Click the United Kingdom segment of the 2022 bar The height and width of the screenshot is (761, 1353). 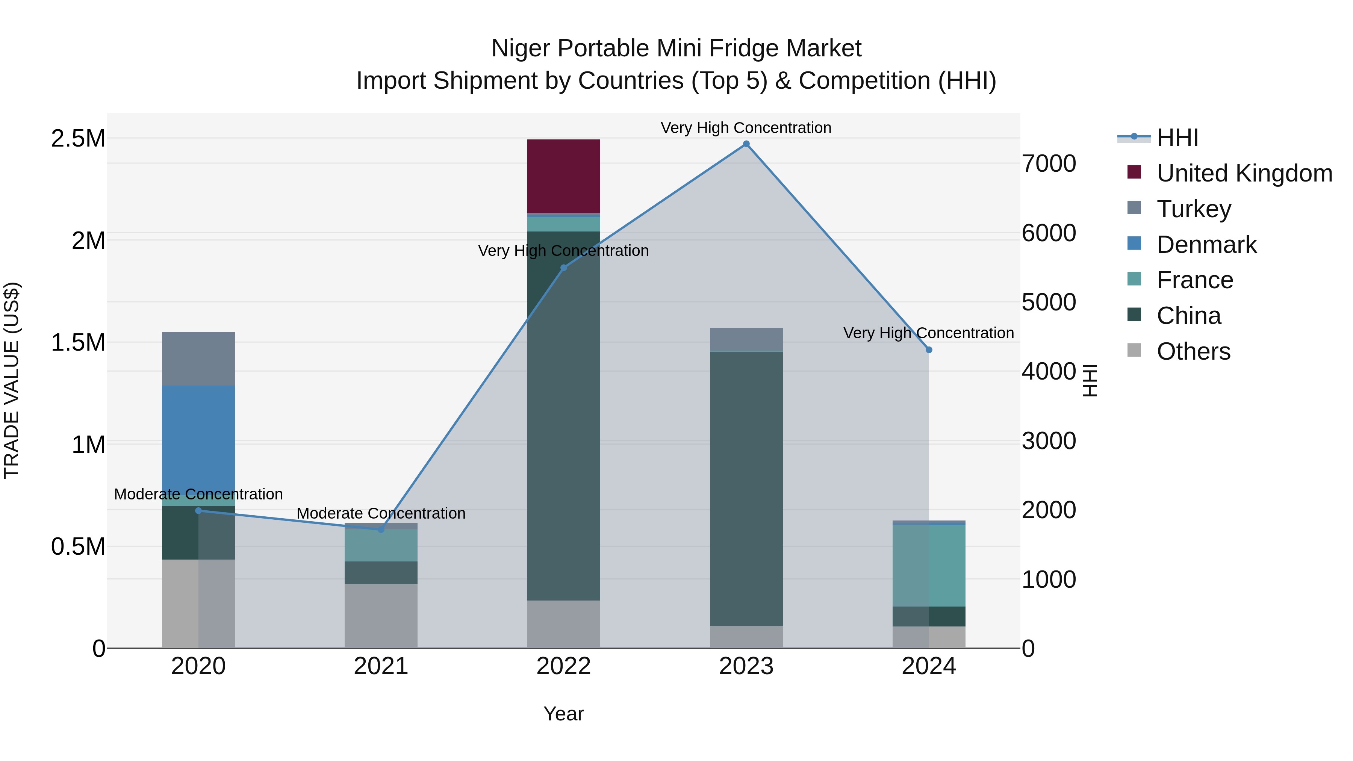pyautogui.click(x=564, y=176)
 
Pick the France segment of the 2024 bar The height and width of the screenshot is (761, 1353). pyautogui.click(x=929, y=565)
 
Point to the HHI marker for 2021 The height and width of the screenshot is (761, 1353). pyautogui.click(x=381, y=530)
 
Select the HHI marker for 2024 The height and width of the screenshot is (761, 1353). pyautogui.click(x=929, y=350)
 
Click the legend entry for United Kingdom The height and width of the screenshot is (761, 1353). pyautogui.click(x=1244, y=173)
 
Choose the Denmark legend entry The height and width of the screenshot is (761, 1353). pyautogui.click(x=1206, y=245)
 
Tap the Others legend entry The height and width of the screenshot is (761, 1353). pyautogui.click(x=1193, y=351)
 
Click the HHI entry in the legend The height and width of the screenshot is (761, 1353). pyautogui.click(x=1177, y=138)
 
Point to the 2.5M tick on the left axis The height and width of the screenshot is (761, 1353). pyautogui.click(x=78, y=139)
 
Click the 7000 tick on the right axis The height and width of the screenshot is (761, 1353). pyautogui.click(x=1048, y=163)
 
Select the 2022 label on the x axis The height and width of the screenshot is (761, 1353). pyautogui.click(x=564, y=666)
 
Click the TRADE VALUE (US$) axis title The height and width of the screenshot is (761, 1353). pyautogui.click(x=12, y=380)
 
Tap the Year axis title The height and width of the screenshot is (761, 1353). pyautogui.click(x=564, y=714)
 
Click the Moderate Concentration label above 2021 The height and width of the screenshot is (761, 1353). pyautogui.click(x=381, y=513)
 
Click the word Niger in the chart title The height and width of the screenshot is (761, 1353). pyautogui.click(x=521, y=48)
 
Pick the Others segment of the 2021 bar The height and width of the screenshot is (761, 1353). pyautogui.click(x=381, y=616)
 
